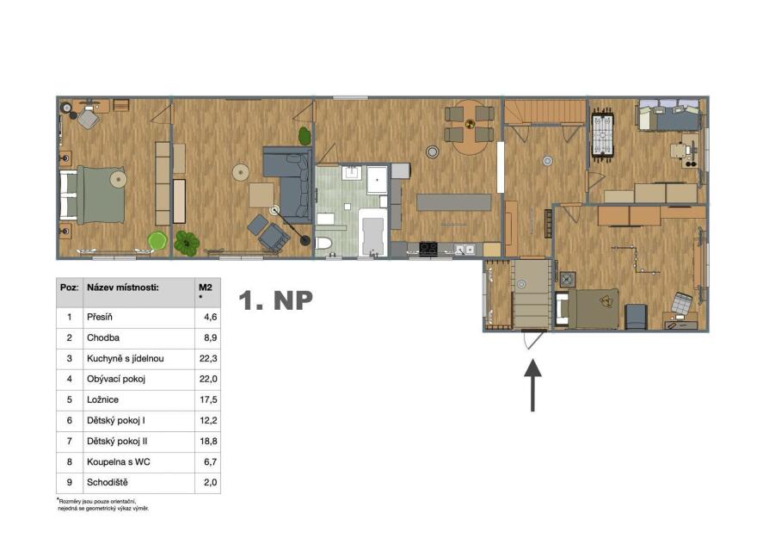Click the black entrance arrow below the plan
click(x=532, y=386)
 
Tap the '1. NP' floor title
click(x=275, y=300)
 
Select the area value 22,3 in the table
click(x=208, y=358)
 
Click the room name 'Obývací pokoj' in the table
click(x=116, y=379)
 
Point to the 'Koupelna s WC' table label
click(x=119, y=462)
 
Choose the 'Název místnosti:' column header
click(x=123, y=288)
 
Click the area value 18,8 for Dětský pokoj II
click(x=208, y=442)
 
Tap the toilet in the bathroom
click(x=323, y=243)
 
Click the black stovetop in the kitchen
click(x=428, y=249)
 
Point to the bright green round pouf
click(x=157, y=240)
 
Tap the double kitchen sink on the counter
click(x=464, y=250)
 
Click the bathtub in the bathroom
click(x=372, y=232)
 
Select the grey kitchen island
click(x=453, y=201)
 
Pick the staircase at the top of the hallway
click(x=545, y=112)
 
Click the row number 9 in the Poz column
click(x=69, y=483)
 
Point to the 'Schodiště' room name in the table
click(x=108, y=483)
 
